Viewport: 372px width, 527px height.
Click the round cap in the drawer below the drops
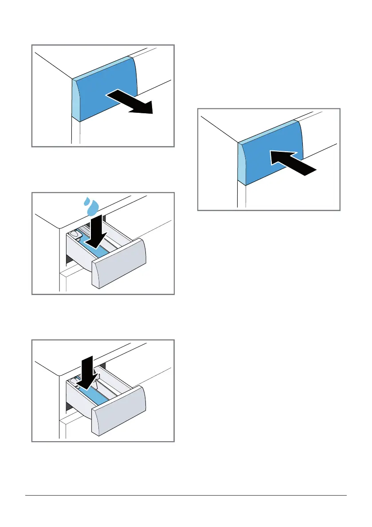tap(74, 233)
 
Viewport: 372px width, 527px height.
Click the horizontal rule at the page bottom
tap(186, 496)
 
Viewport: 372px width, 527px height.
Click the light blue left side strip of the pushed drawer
tap(242, 164)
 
